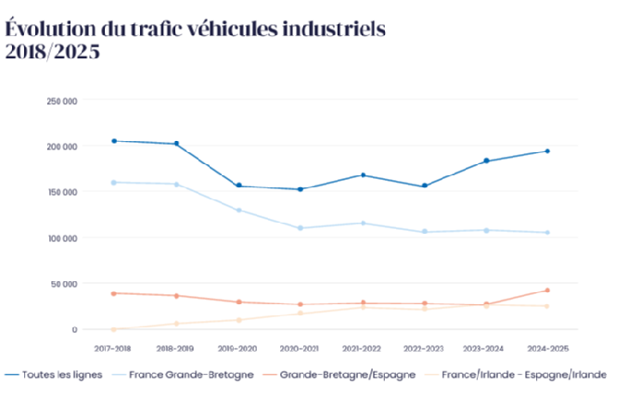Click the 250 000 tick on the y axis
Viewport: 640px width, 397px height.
[64, 100]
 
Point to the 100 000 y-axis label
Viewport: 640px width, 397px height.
[64, 238]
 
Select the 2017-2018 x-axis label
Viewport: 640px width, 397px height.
[113, 348]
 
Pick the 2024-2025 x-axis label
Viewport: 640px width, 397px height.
[547, 348]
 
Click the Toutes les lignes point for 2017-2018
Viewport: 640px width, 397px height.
[113, 141]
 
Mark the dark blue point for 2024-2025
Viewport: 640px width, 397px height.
[547, 151]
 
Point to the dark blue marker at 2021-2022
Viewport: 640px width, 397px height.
[363, 174]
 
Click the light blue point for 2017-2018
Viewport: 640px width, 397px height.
[113, 183]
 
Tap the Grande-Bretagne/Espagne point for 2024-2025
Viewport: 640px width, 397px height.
[547, 290]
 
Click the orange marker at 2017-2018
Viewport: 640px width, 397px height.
[113, 293]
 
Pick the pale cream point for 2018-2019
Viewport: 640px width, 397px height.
[175, 324]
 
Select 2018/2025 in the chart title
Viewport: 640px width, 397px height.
[52, 52]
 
